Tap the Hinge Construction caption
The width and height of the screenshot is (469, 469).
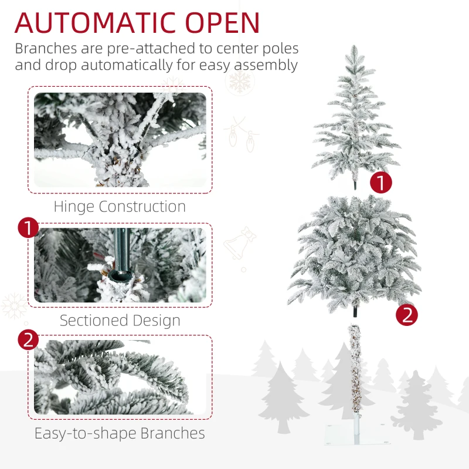click(x=120, y=207)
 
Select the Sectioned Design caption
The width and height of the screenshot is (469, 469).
click(x=120, y=321)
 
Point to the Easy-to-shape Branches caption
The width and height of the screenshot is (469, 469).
click(x=120, y=433)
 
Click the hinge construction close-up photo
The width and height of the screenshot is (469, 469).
click(x=120, y=140)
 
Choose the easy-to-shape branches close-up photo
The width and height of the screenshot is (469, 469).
click(x=120, y=377)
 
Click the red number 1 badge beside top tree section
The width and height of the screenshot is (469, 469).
click(x=381, y=183)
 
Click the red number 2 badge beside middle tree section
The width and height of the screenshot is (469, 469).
click(x=407, y=315)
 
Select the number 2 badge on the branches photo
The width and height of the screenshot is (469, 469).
click(x=29, y=340)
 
